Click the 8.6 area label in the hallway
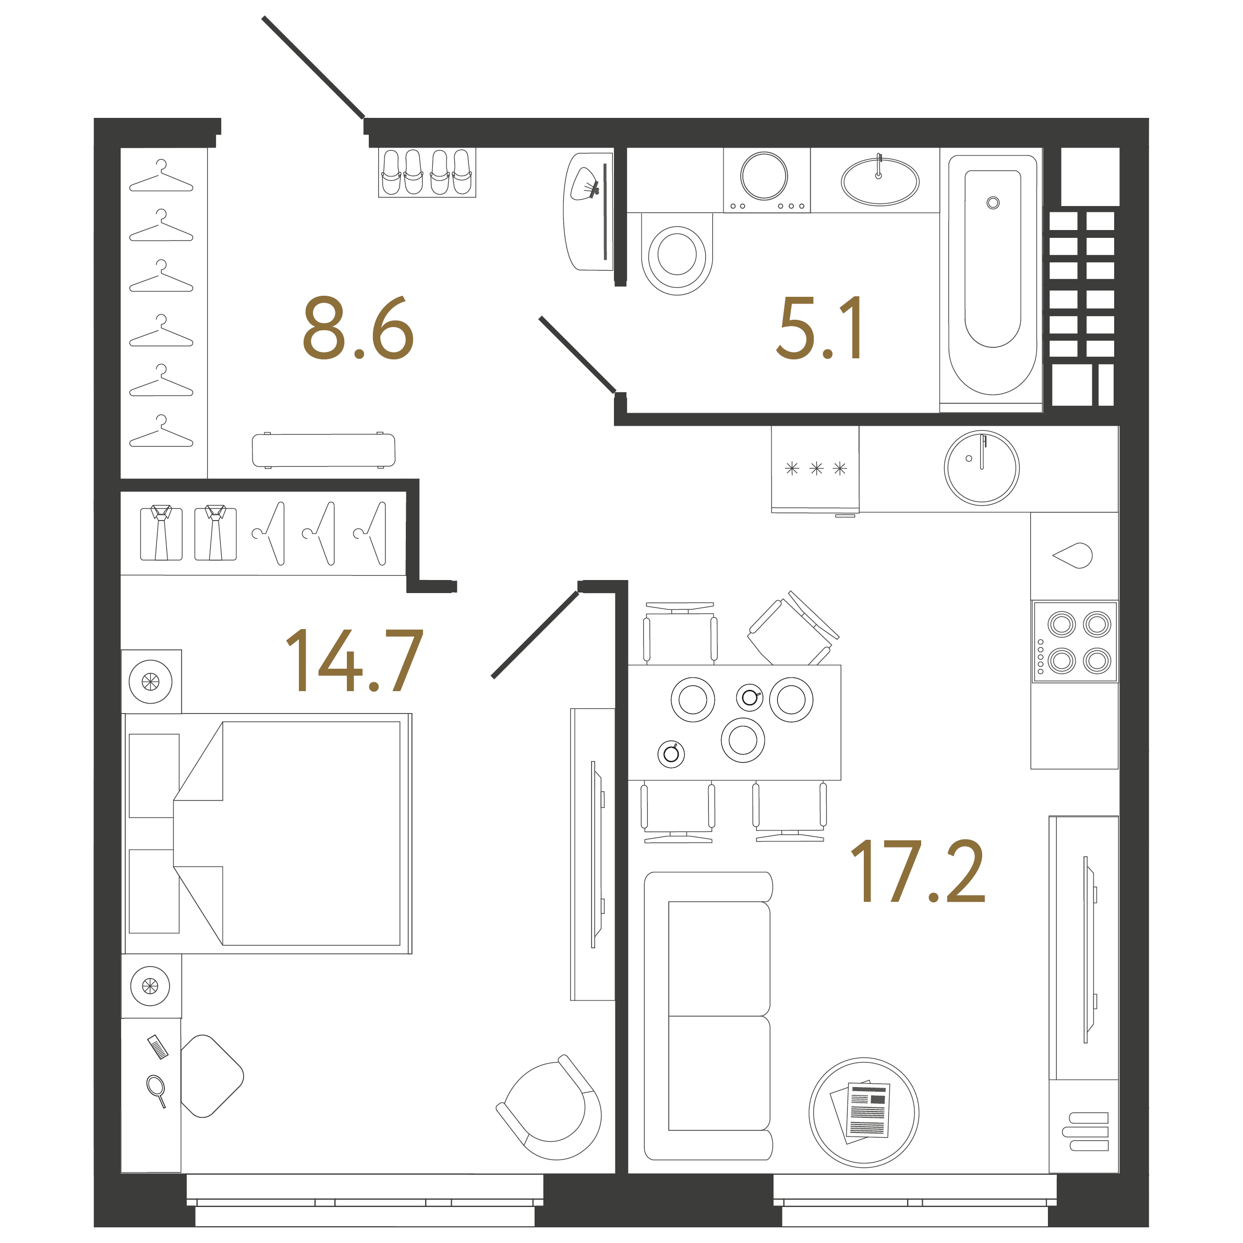coord(358,328)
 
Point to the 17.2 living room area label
coord(918,872)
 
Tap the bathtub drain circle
coord(993,203)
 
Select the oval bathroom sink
coord(879,182)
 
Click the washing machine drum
coord(764,176)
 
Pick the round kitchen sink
coord(981,468)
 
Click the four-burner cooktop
coord(1075,642)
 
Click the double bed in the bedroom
coord(268,833)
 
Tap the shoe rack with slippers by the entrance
coord(427,173)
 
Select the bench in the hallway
coord(323,450)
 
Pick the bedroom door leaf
coord(535,634)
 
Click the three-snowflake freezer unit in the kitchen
coord(815,469)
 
